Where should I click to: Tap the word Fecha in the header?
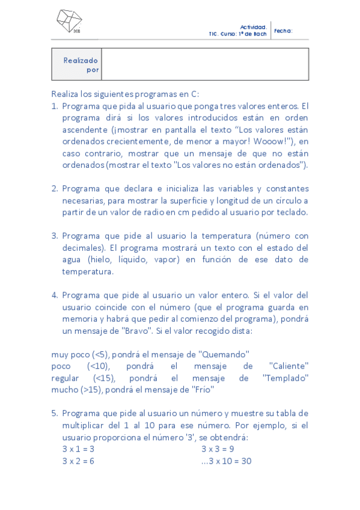[283, 30]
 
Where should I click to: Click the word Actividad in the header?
[253, 27]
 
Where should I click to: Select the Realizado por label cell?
[76, 64]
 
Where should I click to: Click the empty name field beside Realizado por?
[205, 64]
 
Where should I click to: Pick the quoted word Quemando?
[224, 354]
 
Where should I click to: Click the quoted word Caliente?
[289, 366]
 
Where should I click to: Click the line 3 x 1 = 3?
[78, 449]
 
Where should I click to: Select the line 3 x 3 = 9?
[218, 449]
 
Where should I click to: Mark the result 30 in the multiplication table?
[245, 461]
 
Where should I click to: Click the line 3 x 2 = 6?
[78, 461]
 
